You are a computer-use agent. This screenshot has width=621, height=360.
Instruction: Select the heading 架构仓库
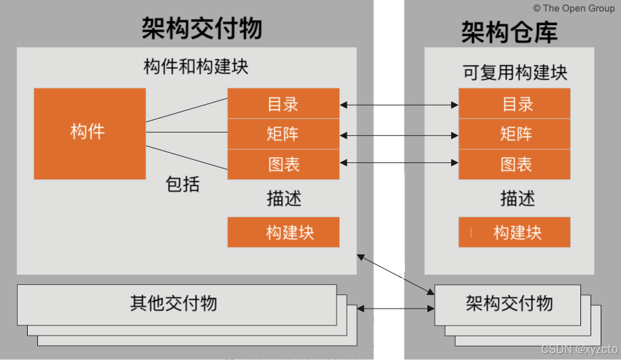tap(509, 32)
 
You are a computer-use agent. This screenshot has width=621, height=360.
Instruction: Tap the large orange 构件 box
tap(89, 133)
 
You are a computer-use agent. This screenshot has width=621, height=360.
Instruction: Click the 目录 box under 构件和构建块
tap(283, 104)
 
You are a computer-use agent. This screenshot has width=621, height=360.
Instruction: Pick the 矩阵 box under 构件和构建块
tap(283, 134)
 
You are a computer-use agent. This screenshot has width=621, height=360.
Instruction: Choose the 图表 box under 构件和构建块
tap(283, 164)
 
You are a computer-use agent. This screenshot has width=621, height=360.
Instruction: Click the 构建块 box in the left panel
tap(283, 232)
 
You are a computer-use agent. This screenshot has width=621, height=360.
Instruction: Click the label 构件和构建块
tap(196, 67)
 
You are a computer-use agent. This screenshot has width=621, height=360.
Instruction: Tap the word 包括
tap(183, 184)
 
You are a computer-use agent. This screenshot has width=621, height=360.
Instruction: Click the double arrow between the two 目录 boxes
tap(399, 105)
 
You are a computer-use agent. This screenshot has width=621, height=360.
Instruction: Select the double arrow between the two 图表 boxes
tap(399, 163)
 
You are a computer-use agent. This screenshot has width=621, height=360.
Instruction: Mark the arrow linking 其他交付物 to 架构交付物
tap(395, 309)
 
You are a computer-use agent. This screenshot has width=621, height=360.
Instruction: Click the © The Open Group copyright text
tap(574, 8)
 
